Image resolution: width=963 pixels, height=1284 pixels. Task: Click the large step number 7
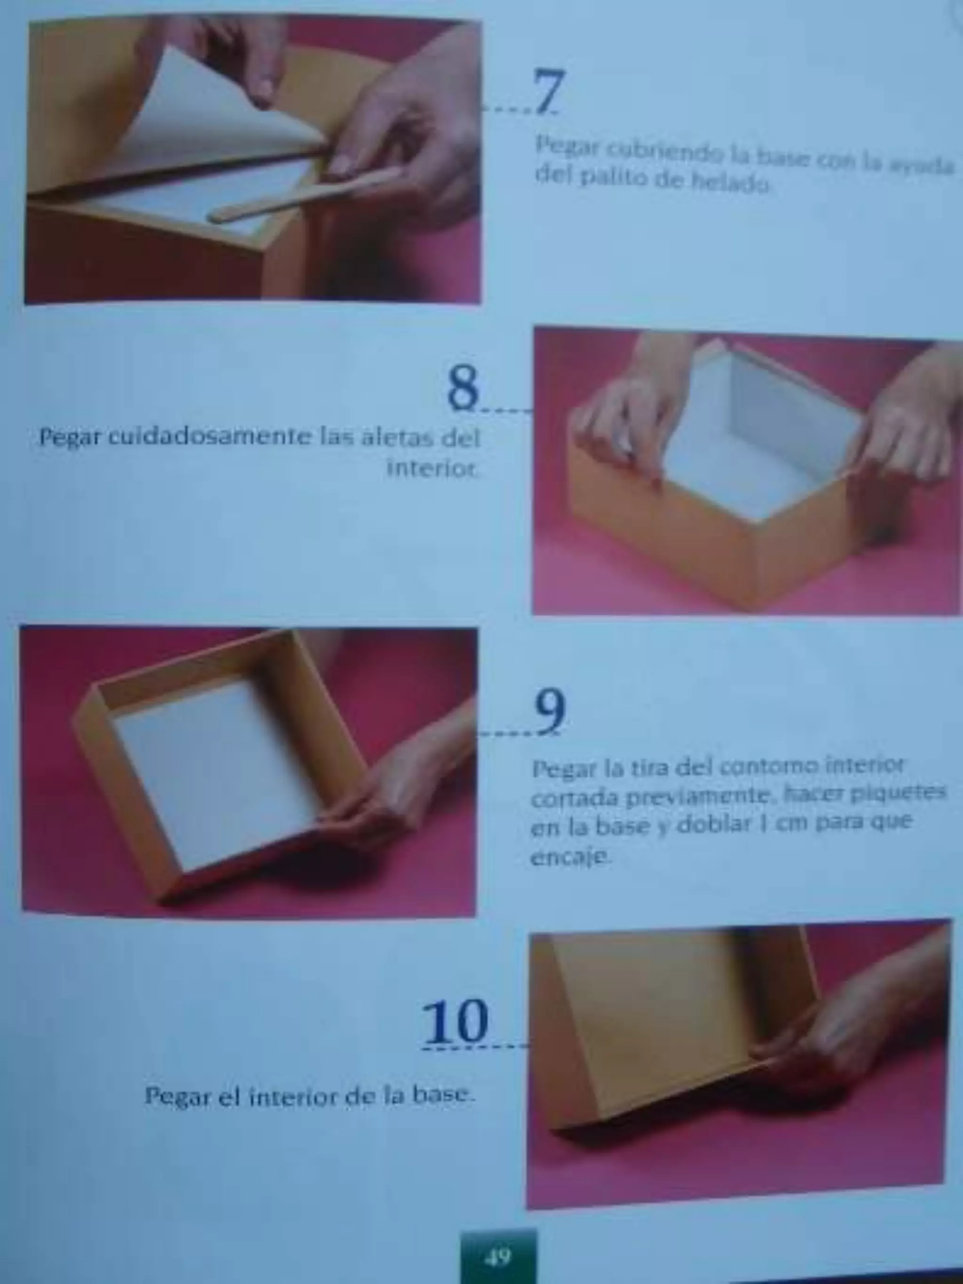tap(547, 92)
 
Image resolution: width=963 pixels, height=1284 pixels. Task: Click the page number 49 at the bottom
tap(498, 1257)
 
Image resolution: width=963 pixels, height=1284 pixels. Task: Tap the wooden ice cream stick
tap(302, 196)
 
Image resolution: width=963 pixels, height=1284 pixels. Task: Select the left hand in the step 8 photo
tap(621, 424)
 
